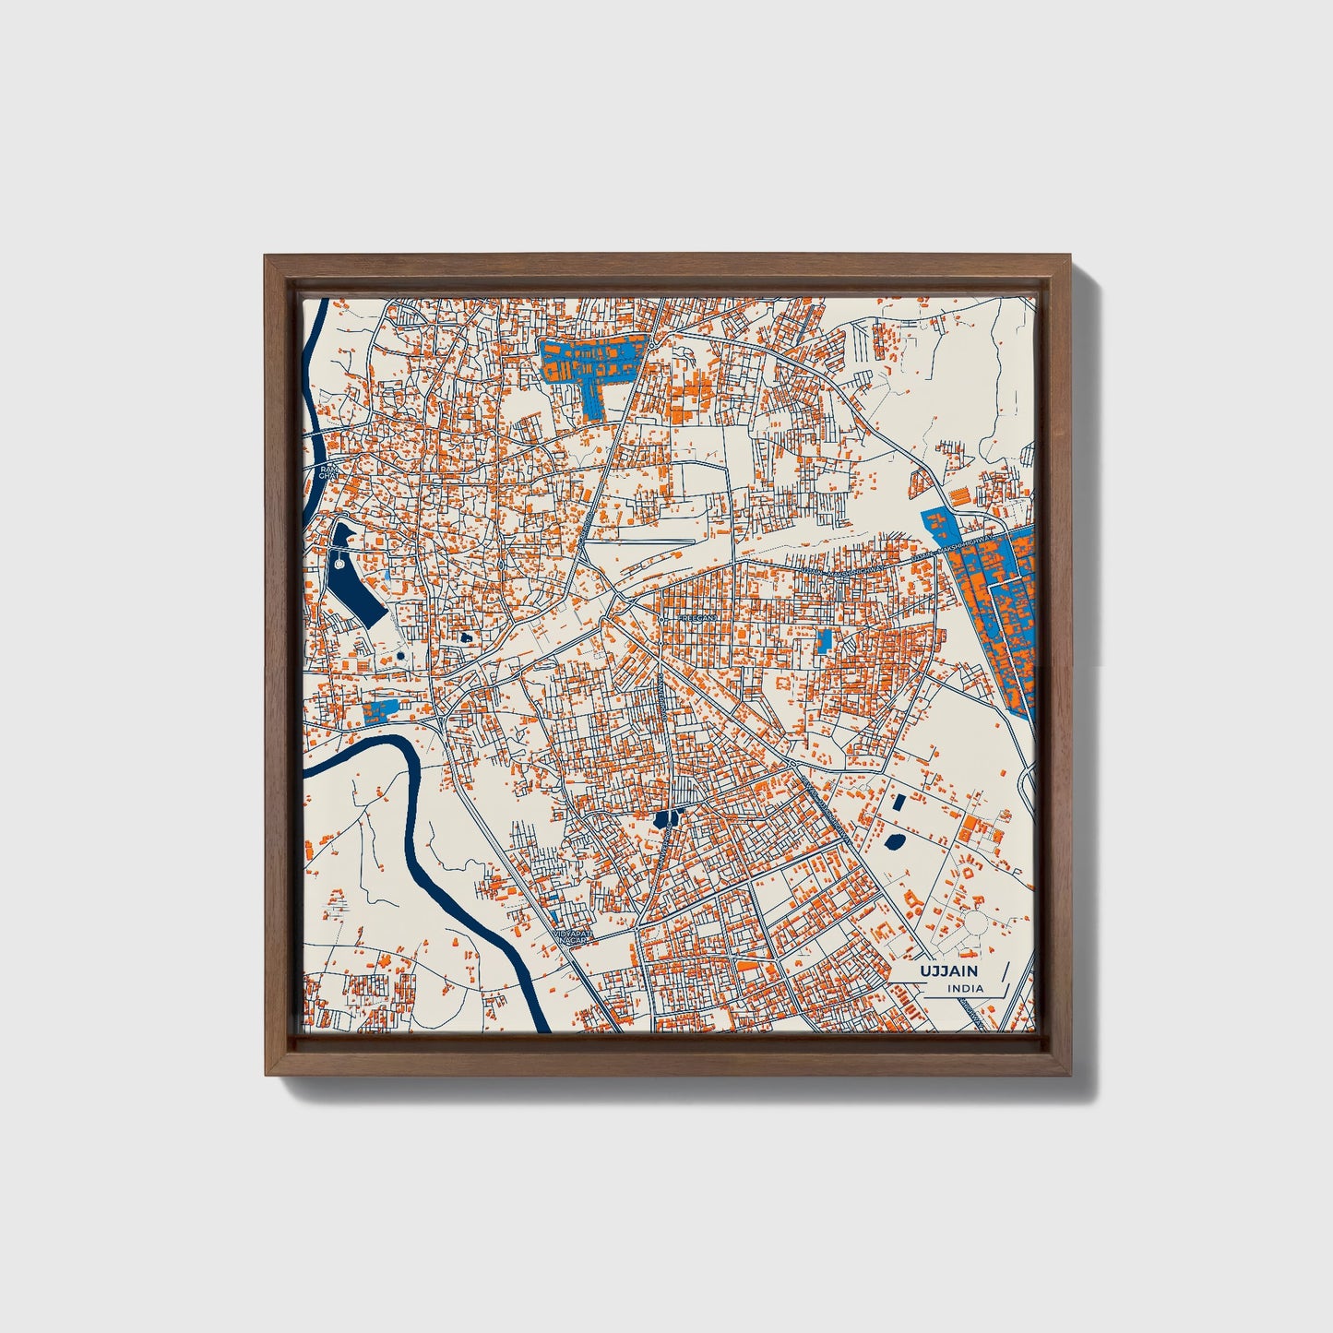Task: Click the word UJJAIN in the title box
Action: pyautogui.click(x=949, y=971)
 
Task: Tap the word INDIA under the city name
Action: pyautogui.click(x=965, y=989)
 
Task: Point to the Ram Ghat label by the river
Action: pyautogui.click(x=328, y=472)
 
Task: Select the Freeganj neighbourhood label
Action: pyautogui.click(x=697, y=617)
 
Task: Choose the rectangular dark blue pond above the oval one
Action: pyautogui.click(x=899, y=803)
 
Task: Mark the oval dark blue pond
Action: pyautogui.click(x=893, y=840)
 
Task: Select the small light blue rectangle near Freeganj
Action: pyautogui.click(x=825, y=639)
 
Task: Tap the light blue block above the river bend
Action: pyautogui.click(x=380, y=709)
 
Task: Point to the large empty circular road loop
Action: pyautogui.click(x=974, y=922)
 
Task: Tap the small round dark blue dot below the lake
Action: pyautogui.click(x=400, y=656)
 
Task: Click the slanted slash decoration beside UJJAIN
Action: pyautogui.click(x=1003, y=977)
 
